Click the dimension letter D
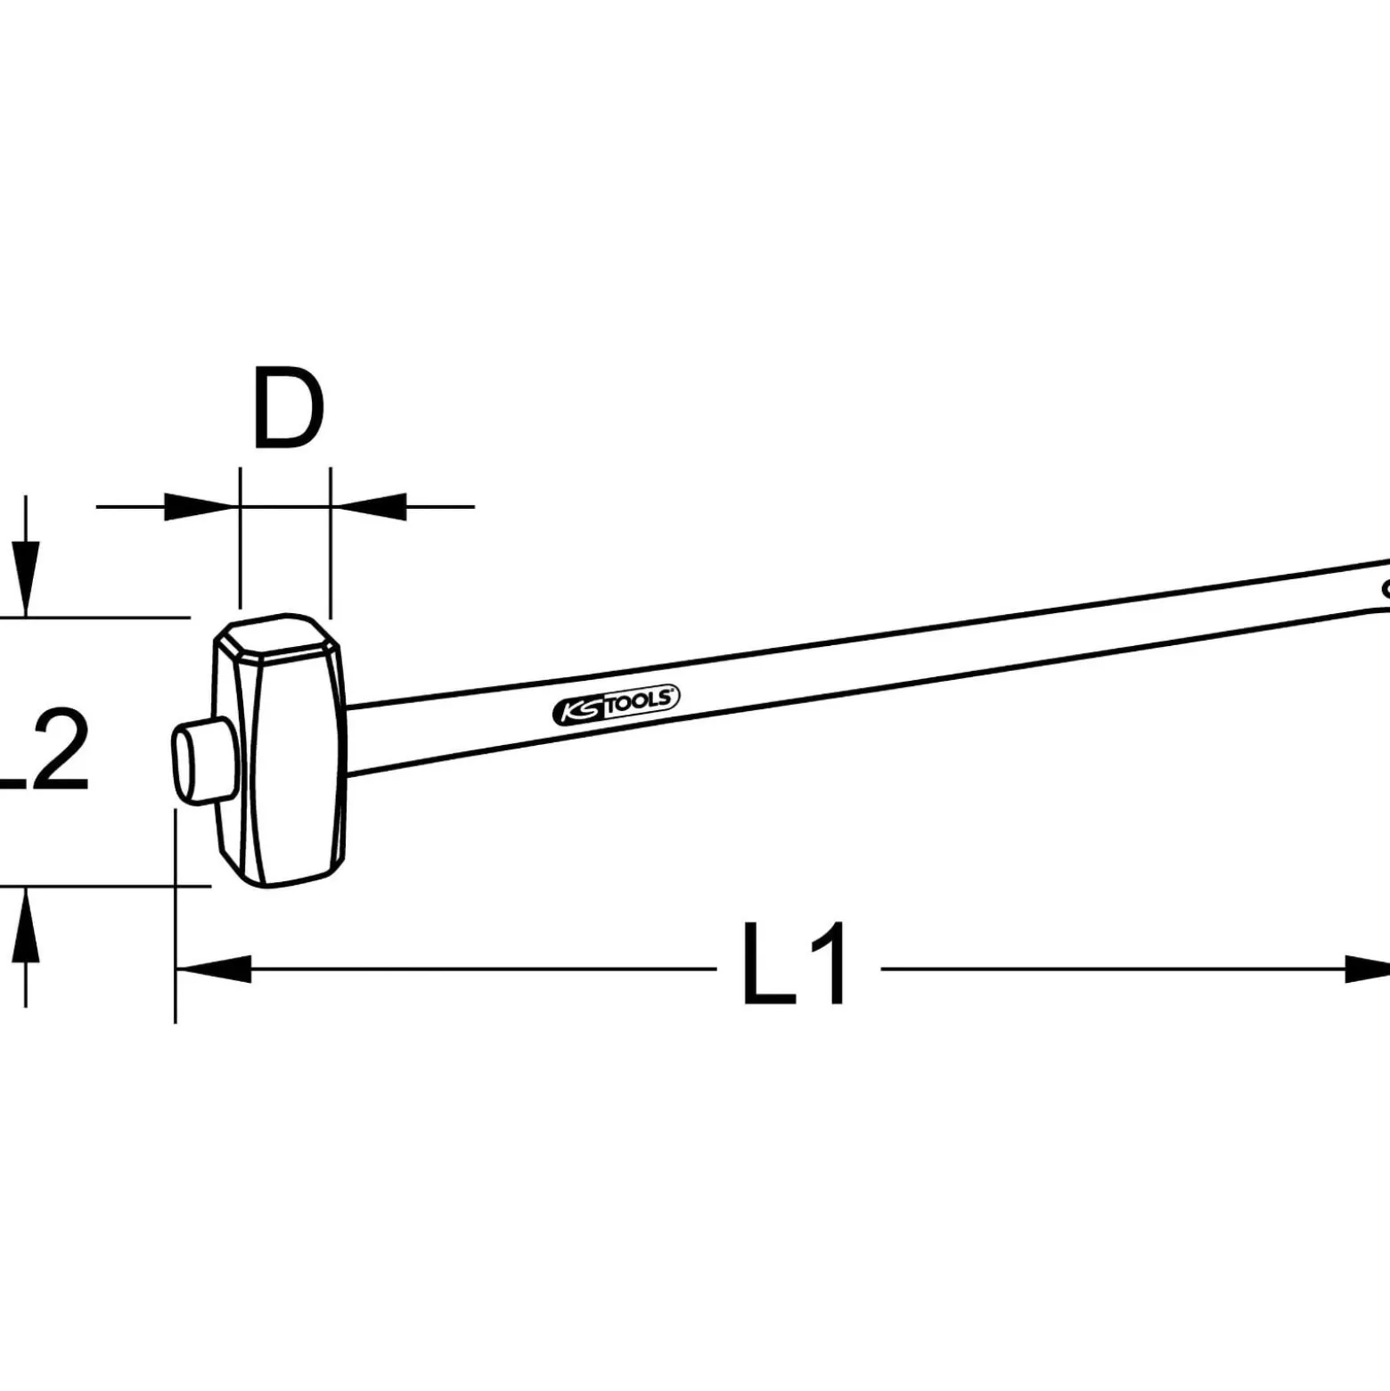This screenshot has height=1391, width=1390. [x=288, y=407]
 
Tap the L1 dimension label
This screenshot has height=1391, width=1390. [x=796, y=965]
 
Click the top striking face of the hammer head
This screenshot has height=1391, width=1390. [x=276, y=634]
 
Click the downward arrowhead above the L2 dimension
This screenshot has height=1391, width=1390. [x=27, y=577]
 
